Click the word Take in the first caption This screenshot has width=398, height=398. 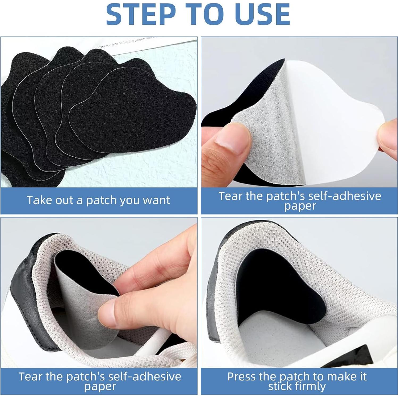pos(37,200)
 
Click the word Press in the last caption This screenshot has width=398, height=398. pos(241,376)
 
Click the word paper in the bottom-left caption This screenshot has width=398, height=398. pos(100,387)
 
